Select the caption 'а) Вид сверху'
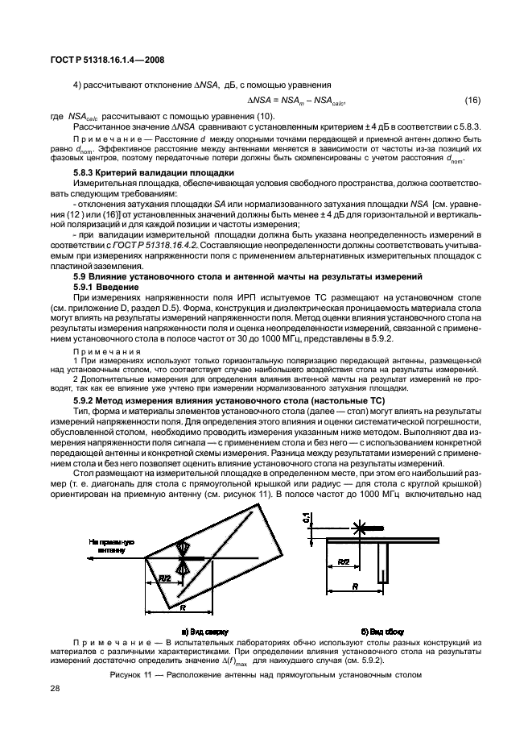[205, 631]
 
